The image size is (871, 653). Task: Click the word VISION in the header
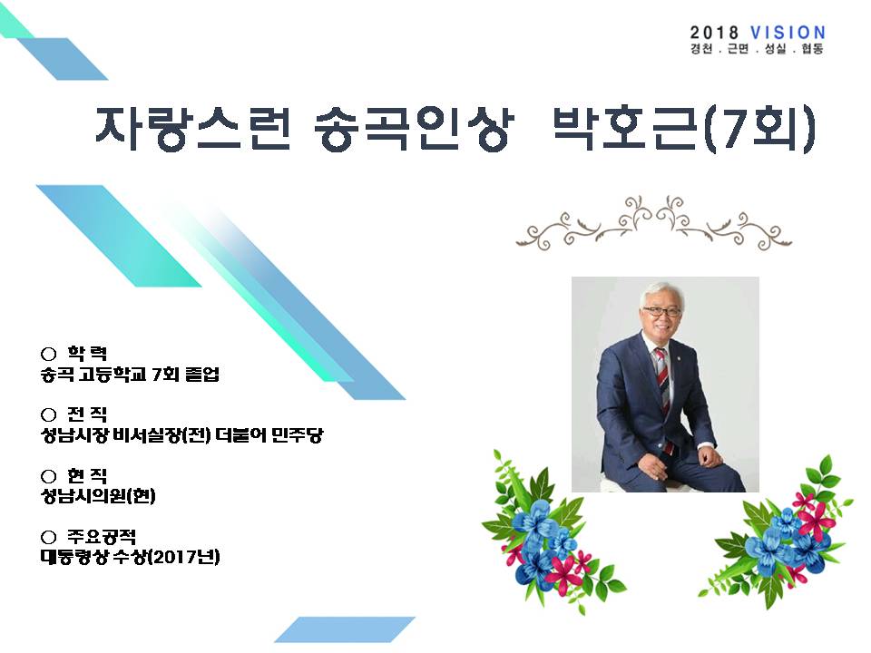click(x=788, y=33)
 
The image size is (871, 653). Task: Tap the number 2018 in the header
click(x=714, y=33)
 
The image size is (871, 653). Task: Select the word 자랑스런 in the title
click(x=192, y=128)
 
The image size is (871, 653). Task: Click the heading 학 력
click(x=87, y=353)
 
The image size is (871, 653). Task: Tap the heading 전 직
click(x=87, y=414)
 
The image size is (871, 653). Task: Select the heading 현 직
click(x=87, y=475)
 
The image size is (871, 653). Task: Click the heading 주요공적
click(x=102, y=536)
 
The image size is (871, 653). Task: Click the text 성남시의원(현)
click(x=98, y=495)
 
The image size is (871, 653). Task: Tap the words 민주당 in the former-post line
click(x=298, y=434)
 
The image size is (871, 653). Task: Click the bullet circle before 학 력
click(x=49, y=354)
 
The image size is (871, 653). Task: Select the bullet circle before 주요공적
click(x=49, y=537)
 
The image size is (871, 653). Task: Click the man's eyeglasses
click(x=661, y=311)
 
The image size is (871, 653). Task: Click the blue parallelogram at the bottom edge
click(x=345, y=629)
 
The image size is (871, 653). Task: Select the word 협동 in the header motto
click(x=812, y=49)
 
